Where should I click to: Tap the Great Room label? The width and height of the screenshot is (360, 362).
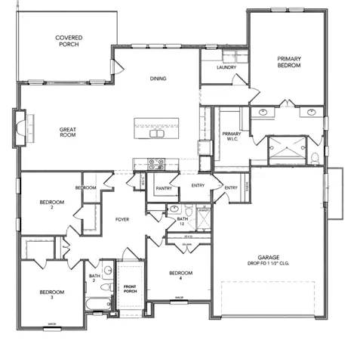point(68,133)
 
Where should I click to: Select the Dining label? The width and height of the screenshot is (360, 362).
point(158,79)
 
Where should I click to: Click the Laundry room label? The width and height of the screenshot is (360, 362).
point(226,68)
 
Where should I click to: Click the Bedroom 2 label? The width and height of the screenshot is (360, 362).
point(51,205)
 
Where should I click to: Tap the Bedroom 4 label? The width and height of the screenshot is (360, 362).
point(180,275)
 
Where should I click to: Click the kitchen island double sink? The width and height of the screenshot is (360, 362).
point(157,134)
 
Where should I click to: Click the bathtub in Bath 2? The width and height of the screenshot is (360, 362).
point(98,305)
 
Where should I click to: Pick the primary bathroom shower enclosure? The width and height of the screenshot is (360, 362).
point(287,148)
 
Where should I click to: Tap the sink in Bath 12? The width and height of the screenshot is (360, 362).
point(174,208)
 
